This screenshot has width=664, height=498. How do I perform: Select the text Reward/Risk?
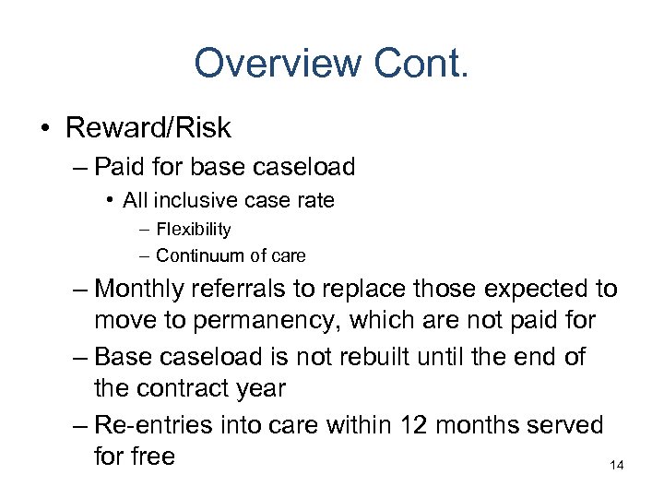148,127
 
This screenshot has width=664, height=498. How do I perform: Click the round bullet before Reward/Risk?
47,128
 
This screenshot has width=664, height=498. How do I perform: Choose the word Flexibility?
193,229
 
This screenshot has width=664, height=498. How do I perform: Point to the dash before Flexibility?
146,229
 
